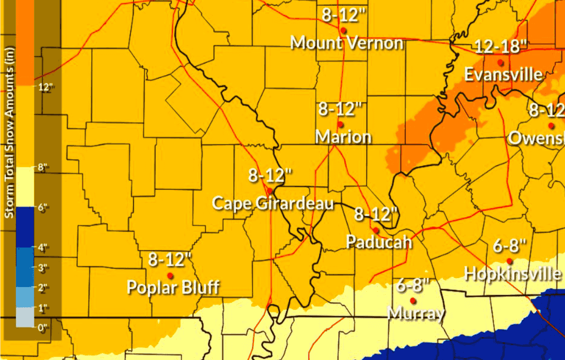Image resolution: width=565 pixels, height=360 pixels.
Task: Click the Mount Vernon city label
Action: click(x=347, y=43)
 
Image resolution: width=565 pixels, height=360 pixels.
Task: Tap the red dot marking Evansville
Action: click(x=501, y=62)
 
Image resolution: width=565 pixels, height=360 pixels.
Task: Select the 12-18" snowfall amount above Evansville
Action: click(x=500, y=47)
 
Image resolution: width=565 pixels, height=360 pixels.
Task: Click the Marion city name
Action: click(x=343, y=137)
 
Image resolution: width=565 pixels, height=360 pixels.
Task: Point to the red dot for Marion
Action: click(x=340, y=124)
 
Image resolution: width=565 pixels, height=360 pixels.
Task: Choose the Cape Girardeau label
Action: click(x=273, y=203)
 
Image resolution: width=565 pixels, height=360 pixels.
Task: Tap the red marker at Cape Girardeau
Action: click(x=269, y=191)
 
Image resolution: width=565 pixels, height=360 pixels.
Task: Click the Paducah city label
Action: click(x=379, y=242)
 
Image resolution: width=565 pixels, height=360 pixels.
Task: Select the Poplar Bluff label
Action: click(x=173, y=287)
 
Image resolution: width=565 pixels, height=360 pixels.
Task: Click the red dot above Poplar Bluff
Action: click(x=170, y=275)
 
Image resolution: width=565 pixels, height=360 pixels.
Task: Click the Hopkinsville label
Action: click(x=512, y=273)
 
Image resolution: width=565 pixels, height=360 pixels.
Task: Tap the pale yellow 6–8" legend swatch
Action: click(x=25, y=187)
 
